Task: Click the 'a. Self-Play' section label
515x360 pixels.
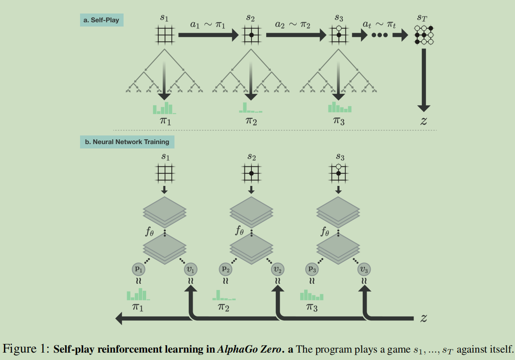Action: [102, 20]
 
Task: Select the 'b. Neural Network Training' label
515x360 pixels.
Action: [127, 142]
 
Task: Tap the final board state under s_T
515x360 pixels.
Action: [424, 35]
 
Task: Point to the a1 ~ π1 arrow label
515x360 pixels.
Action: [207, 24]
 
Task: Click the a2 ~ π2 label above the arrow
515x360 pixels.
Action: [292, 24]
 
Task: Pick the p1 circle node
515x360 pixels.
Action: [139, 269]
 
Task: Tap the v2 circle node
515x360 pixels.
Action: [278, 269]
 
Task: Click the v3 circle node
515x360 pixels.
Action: [365, 269]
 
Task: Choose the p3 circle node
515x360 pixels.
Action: [312, 269]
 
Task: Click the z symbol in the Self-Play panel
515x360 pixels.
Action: [424, 121]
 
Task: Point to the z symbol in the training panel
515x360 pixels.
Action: [423, 318]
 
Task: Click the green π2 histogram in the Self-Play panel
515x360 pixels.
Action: [250, 108]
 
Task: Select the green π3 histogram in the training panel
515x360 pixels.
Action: [312, 296]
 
